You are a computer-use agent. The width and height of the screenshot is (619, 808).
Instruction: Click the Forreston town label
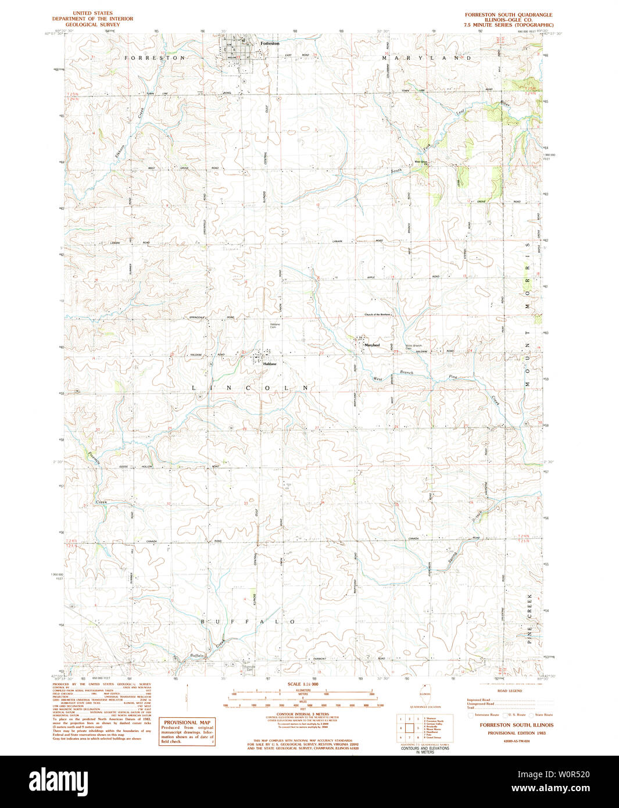pos(270,44)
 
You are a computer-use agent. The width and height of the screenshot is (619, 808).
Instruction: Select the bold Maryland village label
pos(371,345)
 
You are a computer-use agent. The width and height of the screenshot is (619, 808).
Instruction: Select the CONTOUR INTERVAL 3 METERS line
pos(302,714)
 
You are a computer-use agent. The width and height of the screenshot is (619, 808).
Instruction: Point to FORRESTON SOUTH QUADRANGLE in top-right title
pos(509,15)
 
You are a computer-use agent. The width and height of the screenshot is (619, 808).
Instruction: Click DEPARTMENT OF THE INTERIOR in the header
pos(92,19)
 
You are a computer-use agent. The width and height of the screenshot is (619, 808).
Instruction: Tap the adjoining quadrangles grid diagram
pos(409,728)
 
